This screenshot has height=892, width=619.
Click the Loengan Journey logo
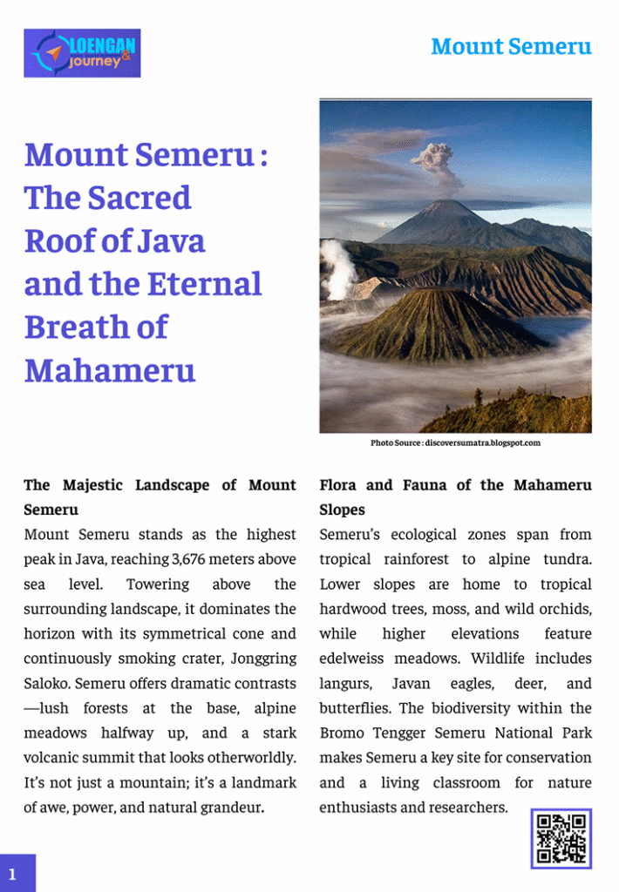[x=82, y=53]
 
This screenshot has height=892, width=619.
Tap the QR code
[x=561, y=838]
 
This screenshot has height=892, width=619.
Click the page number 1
[x=13, y=874]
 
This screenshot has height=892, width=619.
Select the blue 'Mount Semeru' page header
[x=511, y=46]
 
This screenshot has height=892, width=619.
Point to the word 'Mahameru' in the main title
[x=110, y=370]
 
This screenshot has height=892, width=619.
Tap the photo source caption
[x=455, y=443]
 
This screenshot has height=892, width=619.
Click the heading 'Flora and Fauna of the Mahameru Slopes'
[x=455, y=497]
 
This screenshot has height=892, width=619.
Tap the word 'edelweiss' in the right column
[x=361, y=659]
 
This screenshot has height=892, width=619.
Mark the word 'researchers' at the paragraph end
[x=462, y=808]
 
